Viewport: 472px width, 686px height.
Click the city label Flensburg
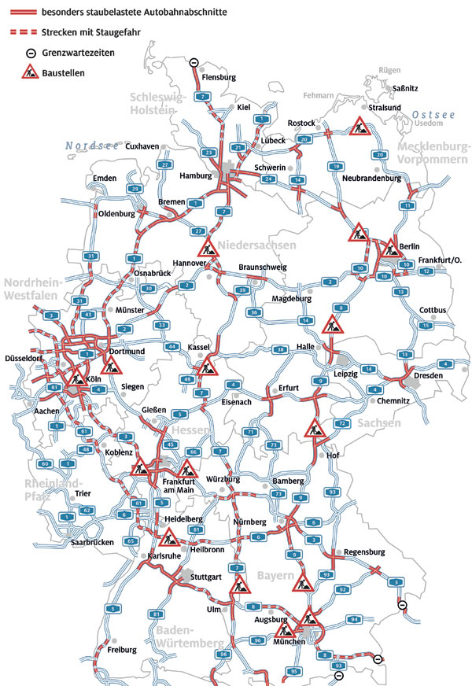point(219,77)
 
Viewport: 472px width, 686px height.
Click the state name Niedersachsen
point(258,245)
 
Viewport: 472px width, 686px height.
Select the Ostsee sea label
point(434,115)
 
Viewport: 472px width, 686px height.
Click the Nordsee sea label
point(92,146)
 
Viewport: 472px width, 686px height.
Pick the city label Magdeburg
point(292,299)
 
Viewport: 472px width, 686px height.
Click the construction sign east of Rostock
point(360,126)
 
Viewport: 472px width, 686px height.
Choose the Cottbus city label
point(433,310)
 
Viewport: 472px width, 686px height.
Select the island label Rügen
point(389,71)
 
